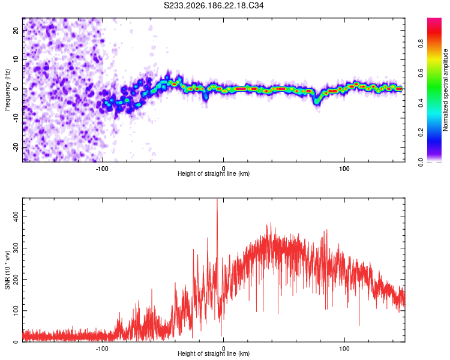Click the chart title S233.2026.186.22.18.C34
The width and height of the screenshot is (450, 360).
[x=214, y=5]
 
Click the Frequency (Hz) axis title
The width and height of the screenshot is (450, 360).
[x=7, y=89]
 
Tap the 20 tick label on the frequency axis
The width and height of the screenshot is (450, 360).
[x=16, y=30]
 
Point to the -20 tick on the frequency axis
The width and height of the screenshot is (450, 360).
[x=16, y=148]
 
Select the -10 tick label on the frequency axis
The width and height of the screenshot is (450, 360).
[x=16, y=118]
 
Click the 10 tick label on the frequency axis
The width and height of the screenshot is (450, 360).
[x=16, y=59]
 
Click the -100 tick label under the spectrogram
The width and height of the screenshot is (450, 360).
[x=102, y=169]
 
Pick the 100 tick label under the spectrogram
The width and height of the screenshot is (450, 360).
[x=344, y=169]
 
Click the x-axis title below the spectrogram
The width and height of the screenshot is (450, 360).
[x=214, y=173]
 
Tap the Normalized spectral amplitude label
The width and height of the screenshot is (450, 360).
[x=445, y=90]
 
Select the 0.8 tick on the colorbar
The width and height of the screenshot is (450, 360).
[x=421, y=44]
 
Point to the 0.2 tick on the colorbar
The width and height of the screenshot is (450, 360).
[x=421, y=133]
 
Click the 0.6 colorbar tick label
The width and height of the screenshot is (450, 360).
[x=421, y=73]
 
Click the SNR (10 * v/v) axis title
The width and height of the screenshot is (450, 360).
[x=7, y=270]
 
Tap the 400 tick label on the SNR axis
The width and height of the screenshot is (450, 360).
[x=16, y=217]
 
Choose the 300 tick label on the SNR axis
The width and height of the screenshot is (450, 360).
[x=16, y=248]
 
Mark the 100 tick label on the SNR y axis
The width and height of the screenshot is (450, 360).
[x=16, y=311]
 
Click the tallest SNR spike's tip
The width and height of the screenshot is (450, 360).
[x=217, y=199]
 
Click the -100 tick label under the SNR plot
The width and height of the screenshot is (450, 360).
[x=102, y=349]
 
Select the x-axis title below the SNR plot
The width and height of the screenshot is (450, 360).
[x=214, y=353]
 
